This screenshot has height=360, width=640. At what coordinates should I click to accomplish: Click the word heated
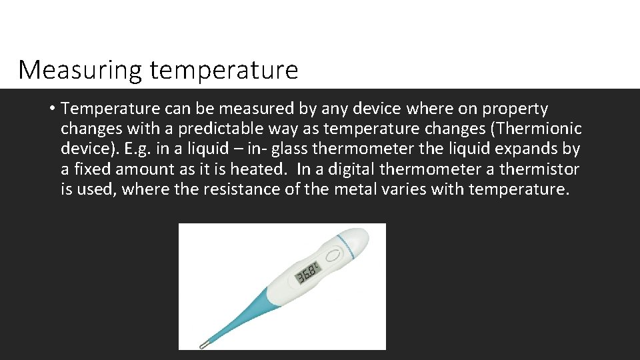click(259, 169)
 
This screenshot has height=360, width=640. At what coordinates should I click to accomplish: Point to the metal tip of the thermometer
click(203, 344)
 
